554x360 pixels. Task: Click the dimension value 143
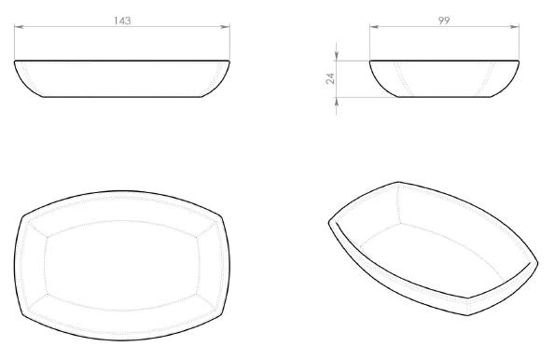122,21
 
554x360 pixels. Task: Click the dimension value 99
444,21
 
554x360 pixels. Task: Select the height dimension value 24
330,78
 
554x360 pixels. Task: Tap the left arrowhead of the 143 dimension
19,26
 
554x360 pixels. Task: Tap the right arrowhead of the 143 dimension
225,26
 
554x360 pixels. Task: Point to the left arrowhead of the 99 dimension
374,26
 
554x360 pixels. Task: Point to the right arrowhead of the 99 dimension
515,26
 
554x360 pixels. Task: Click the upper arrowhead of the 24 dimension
336,56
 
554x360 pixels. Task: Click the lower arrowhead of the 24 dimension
336,102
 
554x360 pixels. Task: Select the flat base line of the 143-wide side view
122,96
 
